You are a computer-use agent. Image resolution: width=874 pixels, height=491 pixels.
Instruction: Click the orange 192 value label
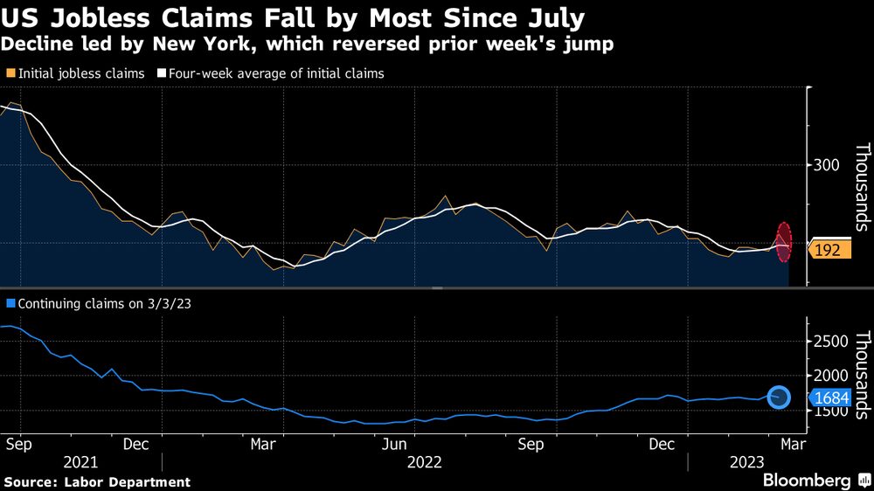[x=827, y=250]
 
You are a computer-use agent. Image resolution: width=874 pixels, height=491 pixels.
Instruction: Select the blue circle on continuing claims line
[x=780, y=398]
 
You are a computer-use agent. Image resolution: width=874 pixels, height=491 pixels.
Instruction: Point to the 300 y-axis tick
[x=826, y=165]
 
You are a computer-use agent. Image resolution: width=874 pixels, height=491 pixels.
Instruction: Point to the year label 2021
[x=80, y=461]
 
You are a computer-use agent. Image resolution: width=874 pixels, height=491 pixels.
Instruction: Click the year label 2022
[x=425, y=461]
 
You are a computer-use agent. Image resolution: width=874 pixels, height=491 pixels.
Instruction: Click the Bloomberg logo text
[x=807, y=480]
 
